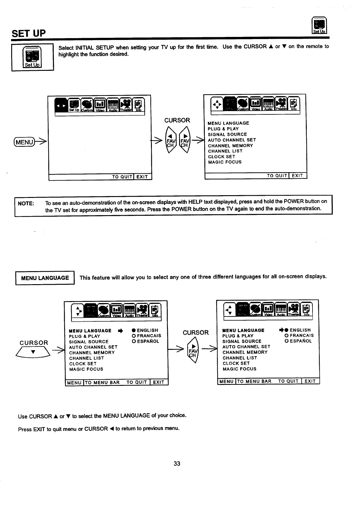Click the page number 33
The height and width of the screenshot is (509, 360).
177,463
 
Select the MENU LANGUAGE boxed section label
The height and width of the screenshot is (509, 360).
45,278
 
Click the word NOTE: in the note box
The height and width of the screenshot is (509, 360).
26,203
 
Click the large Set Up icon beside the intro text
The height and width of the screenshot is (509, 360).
32,57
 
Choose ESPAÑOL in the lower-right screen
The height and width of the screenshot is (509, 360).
298,341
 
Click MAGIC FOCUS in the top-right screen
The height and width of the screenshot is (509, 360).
225,162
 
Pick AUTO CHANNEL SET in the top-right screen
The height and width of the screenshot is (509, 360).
232,140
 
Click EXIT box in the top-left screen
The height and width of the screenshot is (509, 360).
142,177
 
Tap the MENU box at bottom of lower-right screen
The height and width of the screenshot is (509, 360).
226,381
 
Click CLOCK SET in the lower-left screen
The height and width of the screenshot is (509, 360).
83,364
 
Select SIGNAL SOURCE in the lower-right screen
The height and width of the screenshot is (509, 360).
242,341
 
